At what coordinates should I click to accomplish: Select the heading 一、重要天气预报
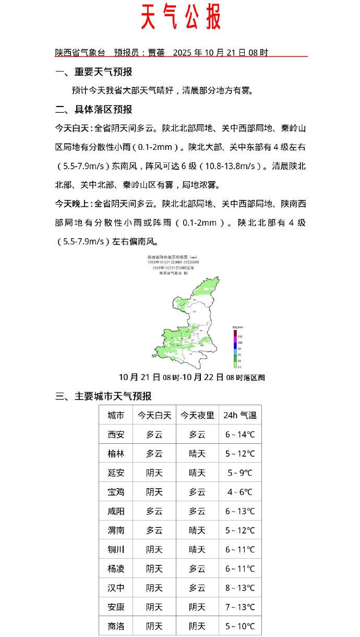(x=94, y=72)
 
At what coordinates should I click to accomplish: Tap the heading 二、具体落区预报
(x=94, y=110)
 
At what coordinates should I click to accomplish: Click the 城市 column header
(x=116, y=416)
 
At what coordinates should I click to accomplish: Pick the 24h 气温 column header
(x=240, y=416)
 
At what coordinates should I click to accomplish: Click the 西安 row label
(x=116, y=434)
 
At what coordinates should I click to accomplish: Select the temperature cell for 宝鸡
(x=240, y=492)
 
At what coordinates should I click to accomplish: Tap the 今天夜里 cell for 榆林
(x=197, y=454)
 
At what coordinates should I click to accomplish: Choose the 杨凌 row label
(x=116, y=569)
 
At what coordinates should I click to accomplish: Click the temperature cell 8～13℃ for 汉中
(x=240, y=588)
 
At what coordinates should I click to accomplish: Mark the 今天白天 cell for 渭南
(x=154, y=530)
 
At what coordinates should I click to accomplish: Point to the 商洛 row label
(x=116, y=626)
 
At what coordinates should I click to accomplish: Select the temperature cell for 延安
(x=240, y=473)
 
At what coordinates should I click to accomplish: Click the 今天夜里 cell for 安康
(x=197, y=607)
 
